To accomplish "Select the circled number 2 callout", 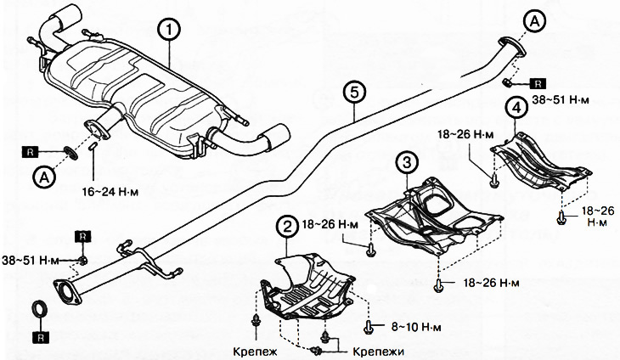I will click(289, 226).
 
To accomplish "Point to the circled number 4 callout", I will click(514, 108).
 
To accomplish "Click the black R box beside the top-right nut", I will click(540, 83).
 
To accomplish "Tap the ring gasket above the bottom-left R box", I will click(39, 307).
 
